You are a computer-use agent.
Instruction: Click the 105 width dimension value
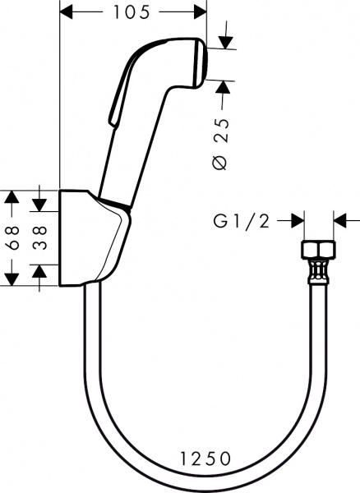pyautogui.click(x=131, y=12)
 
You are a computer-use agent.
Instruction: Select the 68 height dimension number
pyautogui.click(x=13, y=237)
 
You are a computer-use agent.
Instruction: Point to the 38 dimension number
pyautogui.click(x=40, y=237)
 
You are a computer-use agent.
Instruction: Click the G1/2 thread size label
pyautogui.click(x=242, y=221)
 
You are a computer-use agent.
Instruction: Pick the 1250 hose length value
pyautogui.click(x=205, y=458)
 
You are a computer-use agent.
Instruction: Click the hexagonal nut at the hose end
pyautogui.click(x=319, y=250)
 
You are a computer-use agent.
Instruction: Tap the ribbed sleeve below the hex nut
pyautogui.click(x=319, y=272)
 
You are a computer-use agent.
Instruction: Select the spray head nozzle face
pyautogui.click(x=201, y=63)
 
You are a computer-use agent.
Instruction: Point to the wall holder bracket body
pyautogui.click(x=91, y=238)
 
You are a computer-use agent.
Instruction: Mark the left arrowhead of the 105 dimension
pyautogui.click(x=67, y=12)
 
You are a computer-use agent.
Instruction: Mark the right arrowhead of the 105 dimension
pyautogui.click(x=200, y=12)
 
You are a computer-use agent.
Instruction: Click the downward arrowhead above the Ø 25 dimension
pyautogui.click(x=226, y=43)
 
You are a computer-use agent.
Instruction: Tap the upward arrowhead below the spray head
pyautogui.click(x=223, y=87)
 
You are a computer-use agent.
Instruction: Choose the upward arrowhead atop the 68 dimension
pyautogui.click(x=12, y=197)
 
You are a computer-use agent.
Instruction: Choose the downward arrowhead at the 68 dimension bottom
pyautogui.click(x=12, y=279)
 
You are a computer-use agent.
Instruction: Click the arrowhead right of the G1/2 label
pyautogui.click(x=297, y=220)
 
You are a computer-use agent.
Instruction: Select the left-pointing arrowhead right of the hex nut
pyautogui.click(x=340, y=220)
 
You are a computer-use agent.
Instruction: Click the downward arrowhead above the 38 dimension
pyautogui.click(x=39, y=205)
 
